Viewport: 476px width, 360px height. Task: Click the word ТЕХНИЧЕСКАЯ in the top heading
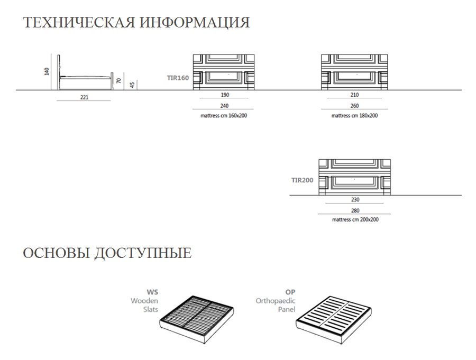coord(79,22)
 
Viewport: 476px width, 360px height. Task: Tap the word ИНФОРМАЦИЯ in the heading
coord(195,23)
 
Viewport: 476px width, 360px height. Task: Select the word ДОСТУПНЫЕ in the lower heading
coord(143,253)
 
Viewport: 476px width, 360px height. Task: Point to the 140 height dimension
coord(47,72)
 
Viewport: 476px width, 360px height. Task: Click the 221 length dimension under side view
coord(84,97)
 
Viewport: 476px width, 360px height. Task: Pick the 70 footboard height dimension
coord(118,81)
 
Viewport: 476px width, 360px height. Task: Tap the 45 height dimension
coord(132,85)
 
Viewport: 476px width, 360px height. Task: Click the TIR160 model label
coord(178,78)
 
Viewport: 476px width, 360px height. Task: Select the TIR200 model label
coord(302,180)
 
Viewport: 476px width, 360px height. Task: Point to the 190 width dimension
coord(225,95)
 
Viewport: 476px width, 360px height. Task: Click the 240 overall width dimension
coord(224,106)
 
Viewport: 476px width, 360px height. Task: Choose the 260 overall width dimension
coord(354,106)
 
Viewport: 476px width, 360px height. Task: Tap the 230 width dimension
coord(355,200)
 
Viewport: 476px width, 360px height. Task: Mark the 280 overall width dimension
coord(355,210)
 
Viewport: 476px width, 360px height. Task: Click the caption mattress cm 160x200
coord(224,116)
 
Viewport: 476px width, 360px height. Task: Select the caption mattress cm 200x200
coord(355,219)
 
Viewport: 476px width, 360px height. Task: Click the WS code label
coord(152,292)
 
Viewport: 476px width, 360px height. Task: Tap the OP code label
coord(290,292)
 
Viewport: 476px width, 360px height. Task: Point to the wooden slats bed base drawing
coord(197,319)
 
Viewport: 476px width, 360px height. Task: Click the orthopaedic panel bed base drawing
coord(334,320)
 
